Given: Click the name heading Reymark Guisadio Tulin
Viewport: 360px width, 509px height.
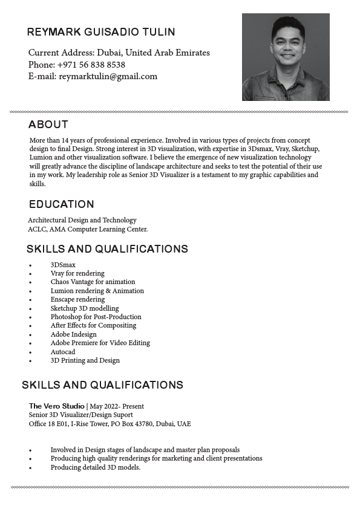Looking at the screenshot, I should click(x=101, y=32).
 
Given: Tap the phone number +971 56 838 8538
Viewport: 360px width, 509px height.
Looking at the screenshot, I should click(x=91, y=65).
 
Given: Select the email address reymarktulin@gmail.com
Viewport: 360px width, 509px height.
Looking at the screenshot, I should click(x=108, y=76).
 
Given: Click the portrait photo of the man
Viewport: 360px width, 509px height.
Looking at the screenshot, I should click(x=286, y=57).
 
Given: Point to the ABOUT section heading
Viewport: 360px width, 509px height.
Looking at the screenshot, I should click(x=48, y=125).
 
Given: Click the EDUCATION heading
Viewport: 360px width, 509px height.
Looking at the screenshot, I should click(x=62, y=204).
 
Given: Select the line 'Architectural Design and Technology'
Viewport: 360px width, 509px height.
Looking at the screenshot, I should click(x=82, y=220).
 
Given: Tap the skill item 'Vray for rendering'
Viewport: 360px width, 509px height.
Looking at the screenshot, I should click(x=77, y=273).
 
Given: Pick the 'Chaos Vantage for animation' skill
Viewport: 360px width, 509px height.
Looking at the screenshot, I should click(x=93, y=282).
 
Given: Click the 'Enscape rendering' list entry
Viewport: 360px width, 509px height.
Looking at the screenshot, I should click(x=77, y=299).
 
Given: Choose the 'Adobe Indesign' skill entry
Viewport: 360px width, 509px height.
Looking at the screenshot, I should click(x=73, y=334).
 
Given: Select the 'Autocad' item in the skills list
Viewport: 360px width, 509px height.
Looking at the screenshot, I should click(x=63, y=352).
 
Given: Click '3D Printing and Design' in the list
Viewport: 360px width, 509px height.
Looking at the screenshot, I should click(x=85, y=360).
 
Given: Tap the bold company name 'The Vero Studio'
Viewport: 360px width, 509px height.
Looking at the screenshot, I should click(x=57, y=406).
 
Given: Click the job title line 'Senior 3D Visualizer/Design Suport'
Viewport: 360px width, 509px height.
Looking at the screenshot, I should click(x=81, y=415).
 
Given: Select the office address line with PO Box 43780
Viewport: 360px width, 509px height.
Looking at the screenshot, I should click(x=110, y=424).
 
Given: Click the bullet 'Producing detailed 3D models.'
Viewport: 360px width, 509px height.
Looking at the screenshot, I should click(x=95, y=467).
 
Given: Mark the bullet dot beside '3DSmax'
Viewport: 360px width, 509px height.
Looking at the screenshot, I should click(x=30, y=265).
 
